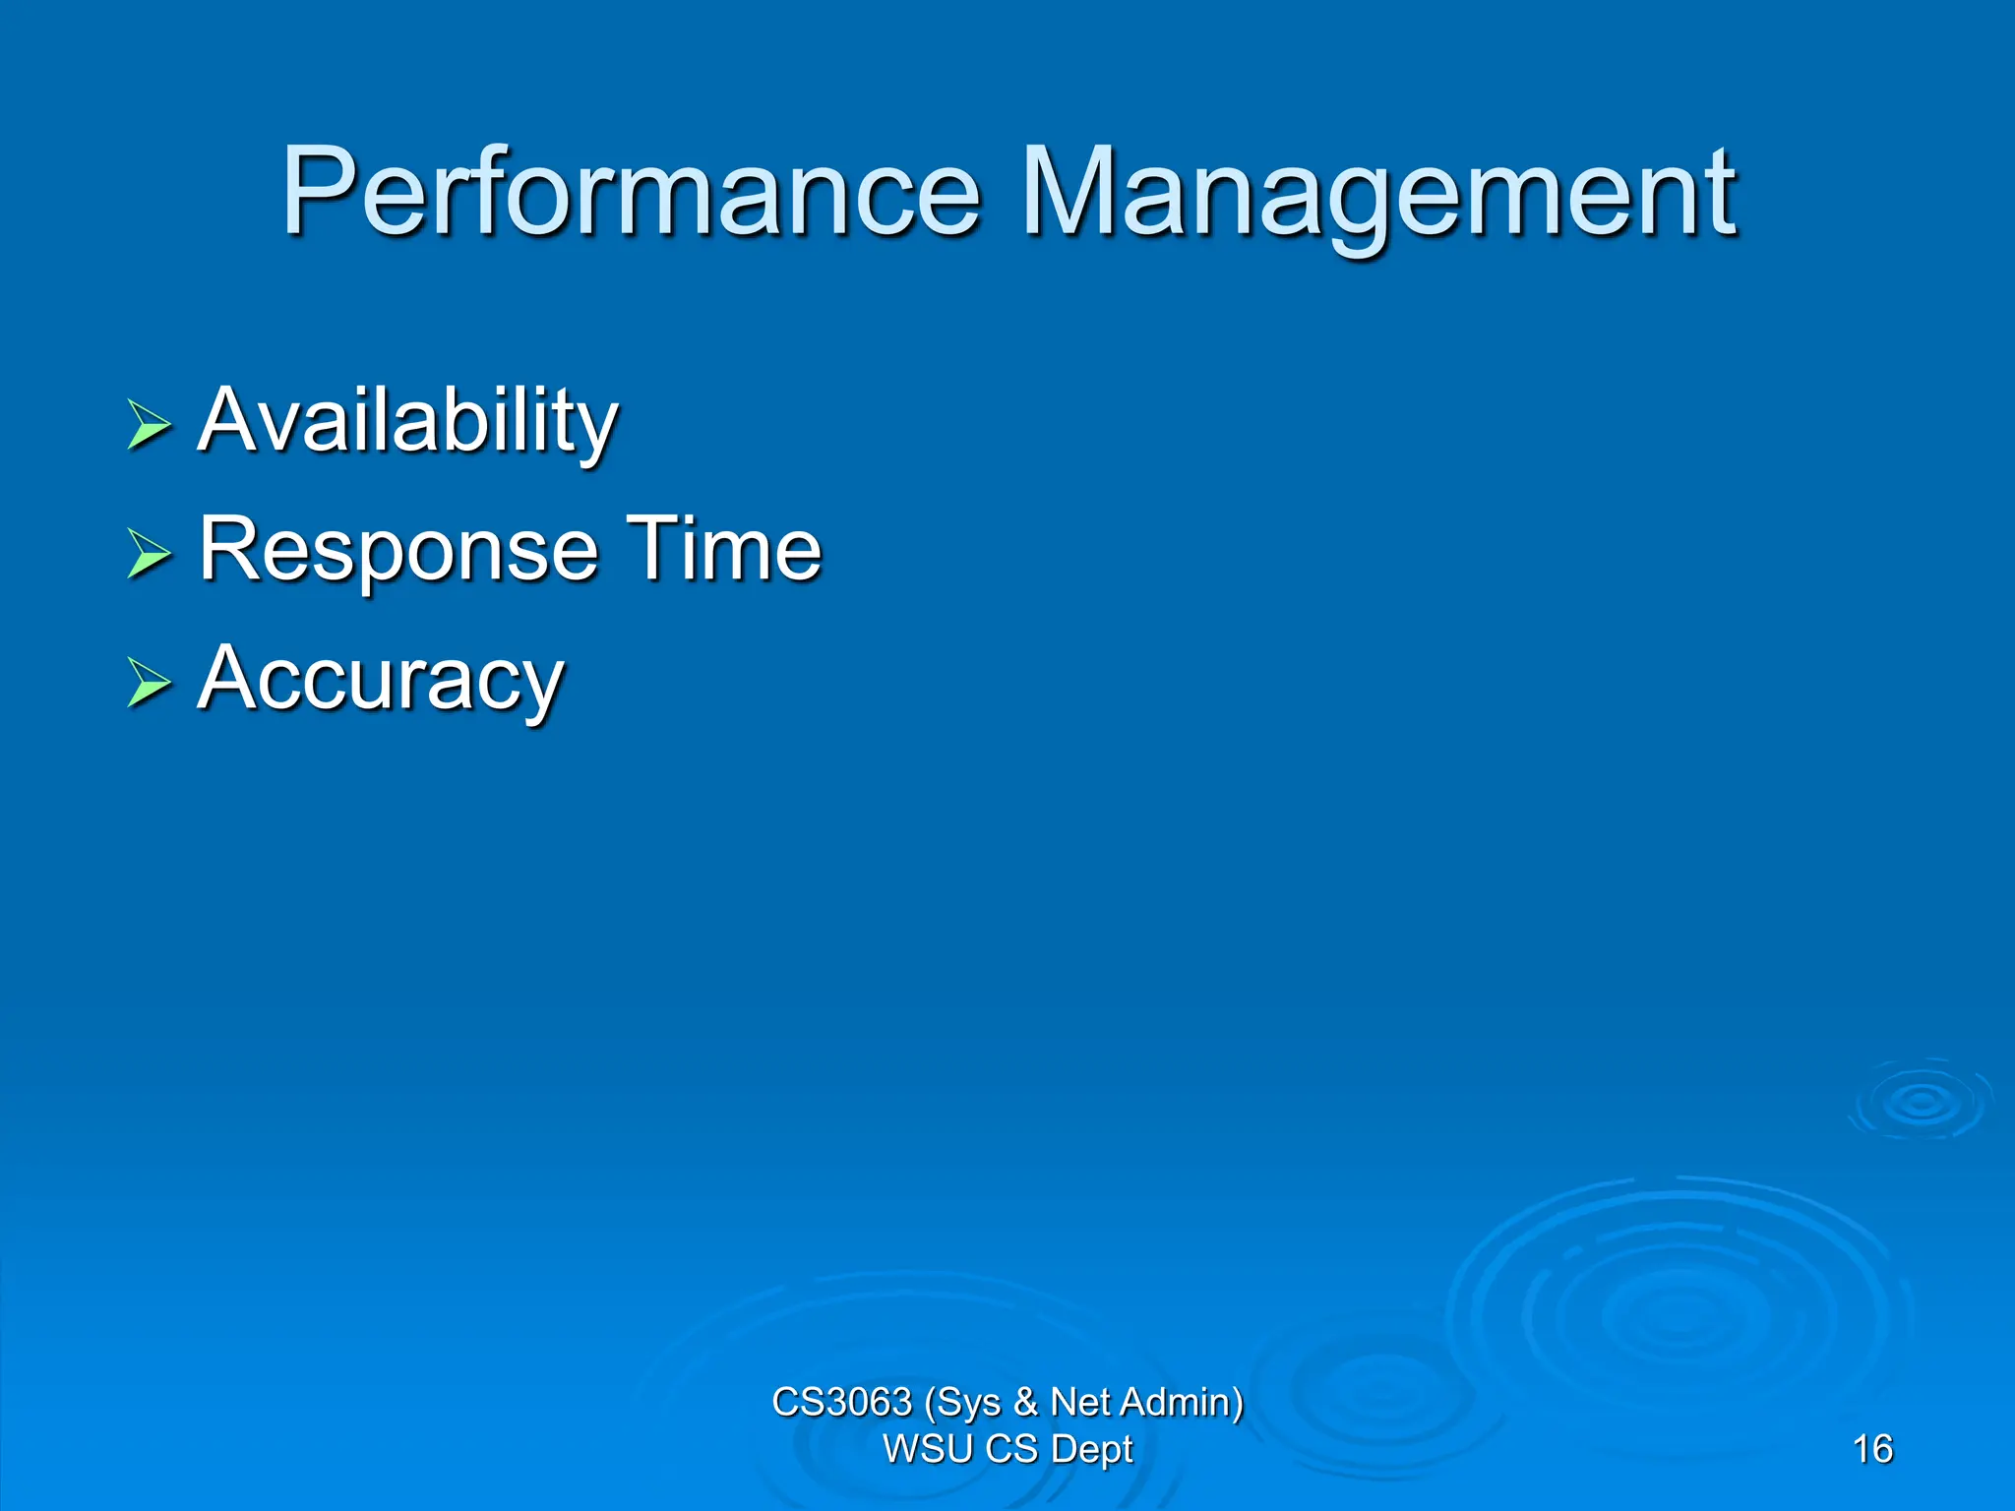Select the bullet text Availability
click(407, 421)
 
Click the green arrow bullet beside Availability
click(149, 425)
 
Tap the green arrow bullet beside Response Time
click(149, 553)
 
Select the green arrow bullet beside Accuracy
click(149, 683)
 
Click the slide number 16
click(1871, 1449)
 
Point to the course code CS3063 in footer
click(841, 1402)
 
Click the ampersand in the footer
click(1025, 1402)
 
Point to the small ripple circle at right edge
click(1921, 1102)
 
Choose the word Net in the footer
click(1080, 1402)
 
